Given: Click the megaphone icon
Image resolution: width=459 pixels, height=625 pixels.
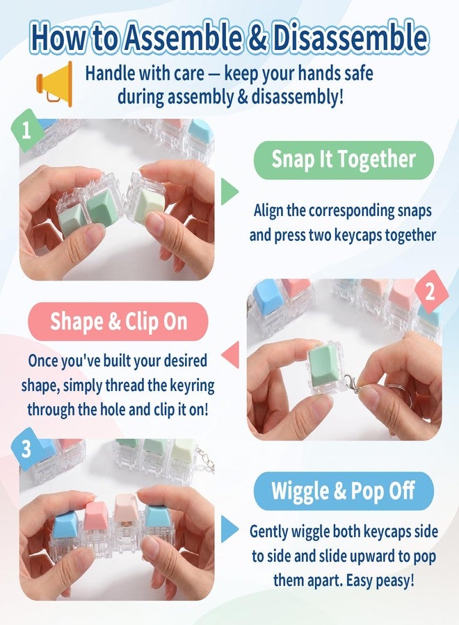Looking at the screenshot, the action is click(x=55, y=84).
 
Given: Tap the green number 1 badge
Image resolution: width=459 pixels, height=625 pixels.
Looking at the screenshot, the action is click(x=26, y=131).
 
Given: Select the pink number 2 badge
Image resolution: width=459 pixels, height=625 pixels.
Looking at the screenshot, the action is click(x=430, y=292).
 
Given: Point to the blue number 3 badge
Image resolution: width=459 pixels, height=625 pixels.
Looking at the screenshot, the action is click(x=26, y=449).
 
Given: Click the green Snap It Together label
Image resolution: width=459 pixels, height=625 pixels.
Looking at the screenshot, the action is click(x=344, y=160).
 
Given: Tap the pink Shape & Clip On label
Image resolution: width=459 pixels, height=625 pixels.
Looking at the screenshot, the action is click(x=118, y=322).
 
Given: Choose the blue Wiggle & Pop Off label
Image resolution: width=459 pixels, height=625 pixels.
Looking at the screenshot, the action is click(x=344, y=491).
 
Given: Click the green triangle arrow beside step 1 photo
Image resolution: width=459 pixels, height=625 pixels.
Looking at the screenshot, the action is click(x=229, y=192).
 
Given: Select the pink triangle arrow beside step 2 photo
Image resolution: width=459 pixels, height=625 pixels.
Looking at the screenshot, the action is click(x=230, y=354).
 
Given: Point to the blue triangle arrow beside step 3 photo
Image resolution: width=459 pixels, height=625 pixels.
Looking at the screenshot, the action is click(x=229, y=529).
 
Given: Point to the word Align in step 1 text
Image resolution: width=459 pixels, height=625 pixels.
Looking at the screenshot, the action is click(x=269, y=210).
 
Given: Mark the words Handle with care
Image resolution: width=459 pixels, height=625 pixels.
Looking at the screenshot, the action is click(x=145, y=74).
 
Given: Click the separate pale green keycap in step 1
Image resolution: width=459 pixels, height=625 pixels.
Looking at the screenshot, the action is click(x=149, y=206).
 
